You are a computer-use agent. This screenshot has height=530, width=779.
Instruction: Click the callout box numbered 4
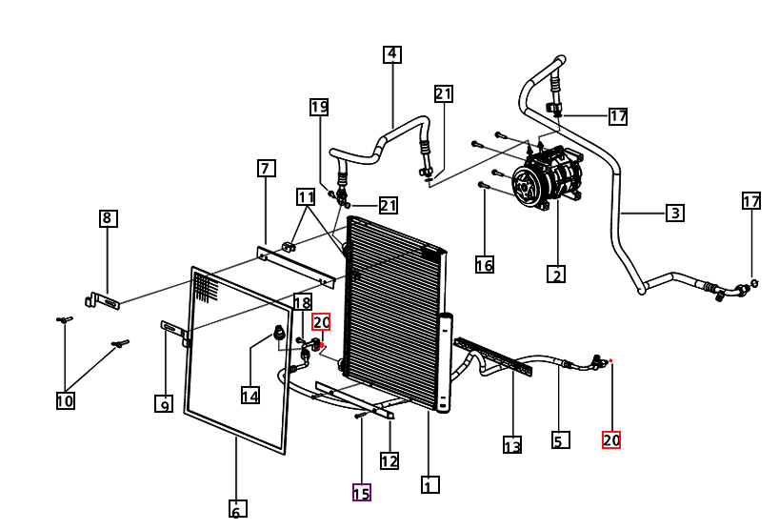[392, 54]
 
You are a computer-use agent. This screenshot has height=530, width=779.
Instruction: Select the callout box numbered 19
[319, 107]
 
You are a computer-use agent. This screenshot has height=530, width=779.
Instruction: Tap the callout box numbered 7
[267, 168]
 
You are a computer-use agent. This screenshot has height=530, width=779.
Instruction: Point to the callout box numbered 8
[108, 218]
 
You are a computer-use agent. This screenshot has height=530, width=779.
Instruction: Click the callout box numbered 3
[675, 213]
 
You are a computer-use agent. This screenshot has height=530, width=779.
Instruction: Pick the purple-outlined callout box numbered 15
[362, 492]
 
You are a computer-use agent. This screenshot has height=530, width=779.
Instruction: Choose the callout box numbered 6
[237, 509]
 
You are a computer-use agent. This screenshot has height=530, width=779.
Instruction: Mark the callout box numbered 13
[512, 444]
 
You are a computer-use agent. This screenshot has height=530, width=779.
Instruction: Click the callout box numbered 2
[556, 274]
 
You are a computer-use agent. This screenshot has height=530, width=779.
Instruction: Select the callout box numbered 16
[485, 264]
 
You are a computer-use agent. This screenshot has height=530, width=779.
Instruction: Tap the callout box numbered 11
[306, 197]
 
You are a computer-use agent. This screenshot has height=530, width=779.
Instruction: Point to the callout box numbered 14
[250, 396]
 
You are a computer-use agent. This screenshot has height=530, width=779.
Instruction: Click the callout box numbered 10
[65, 400]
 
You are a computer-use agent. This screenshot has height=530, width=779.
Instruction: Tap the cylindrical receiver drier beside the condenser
[445, 362]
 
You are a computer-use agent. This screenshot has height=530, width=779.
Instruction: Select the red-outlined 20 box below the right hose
[611, 439]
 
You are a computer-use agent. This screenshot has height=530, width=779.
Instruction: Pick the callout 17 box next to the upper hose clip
[618, 116]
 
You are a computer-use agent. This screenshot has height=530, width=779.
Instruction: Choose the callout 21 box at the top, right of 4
[444, 93]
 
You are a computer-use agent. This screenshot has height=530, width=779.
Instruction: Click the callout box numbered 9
[164, 404]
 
